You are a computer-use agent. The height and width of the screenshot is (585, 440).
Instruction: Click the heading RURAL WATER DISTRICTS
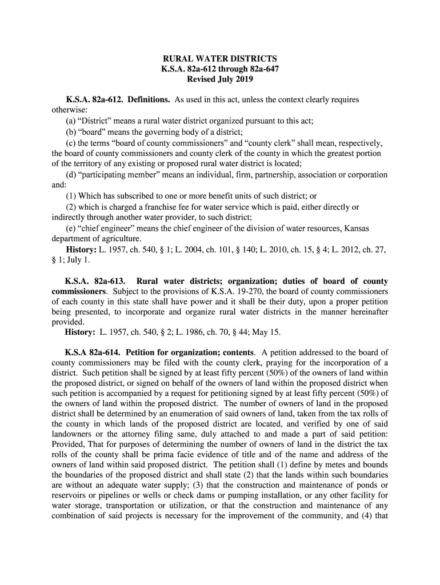(x=220, y=59)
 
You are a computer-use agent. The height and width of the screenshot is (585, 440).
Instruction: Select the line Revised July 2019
(x=220, y=79)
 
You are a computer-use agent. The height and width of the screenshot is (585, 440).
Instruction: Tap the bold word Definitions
(x=149, y=100)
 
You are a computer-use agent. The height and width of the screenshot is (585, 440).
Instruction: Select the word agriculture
(x=118, y=239)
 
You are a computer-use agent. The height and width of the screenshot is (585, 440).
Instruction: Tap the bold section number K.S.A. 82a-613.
(x=95, y=281)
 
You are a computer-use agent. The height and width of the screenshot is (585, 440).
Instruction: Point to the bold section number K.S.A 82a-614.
(x=93, y=352)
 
